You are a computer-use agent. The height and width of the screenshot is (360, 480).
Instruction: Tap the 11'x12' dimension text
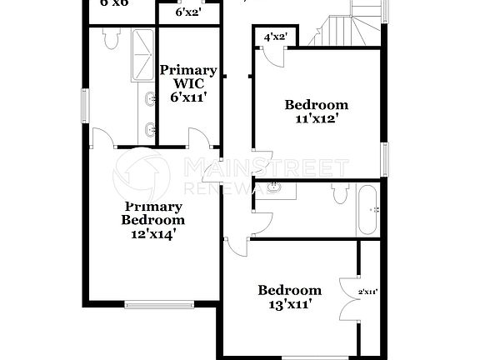[316, 119]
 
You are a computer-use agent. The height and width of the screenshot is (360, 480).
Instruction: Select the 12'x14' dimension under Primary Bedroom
[152, 234]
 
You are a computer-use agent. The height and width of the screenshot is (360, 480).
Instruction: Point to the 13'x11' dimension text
[289, 304]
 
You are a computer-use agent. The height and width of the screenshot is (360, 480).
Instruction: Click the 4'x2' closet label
[275, 37]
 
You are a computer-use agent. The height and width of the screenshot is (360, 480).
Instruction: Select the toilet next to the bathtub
[339, 194]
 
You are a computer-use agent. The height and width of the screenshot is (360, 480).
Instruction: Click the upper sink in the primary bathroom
[149, 102]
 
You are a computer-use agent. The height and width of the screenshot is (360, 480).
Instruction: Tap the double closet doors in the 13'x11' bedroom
[350, 297]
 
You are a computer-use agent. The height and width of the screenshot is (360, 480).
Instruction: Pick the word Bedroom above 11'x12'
[316, 105]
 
